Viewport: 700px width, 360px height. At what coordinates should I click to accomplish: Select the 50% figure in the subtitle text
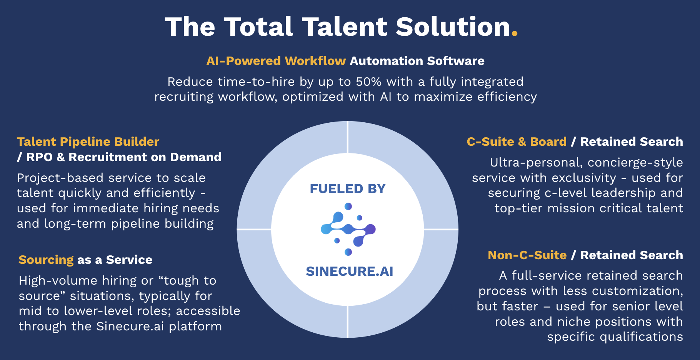point(368,82)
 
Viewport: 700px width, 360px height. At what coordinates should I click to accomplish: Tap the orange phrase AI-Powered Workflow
point(276,61)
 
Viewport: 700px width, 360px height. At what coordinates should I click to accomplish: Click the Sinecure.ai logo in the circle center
point(348,229)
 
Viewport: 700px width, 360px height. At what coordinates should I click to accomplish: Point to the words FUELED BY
point(348,189)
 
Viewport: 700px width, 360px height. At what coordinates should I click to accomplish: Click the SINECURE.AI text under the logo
point(349,272)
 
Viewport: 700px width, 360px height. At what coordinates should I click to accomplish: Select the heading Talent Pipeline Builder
point(88,142)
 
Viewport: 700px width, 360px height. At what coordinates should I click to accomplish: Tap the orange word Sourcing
point(46,260)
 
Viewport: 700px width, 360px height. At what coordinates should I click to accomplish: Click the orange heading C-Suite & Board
point(517,142)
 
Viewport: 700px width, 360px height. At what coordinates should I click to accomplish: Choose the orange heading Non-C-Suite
point(527,255)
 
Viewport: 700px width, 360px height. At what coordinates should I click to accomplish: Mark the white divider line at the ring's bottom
point(348,322)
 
